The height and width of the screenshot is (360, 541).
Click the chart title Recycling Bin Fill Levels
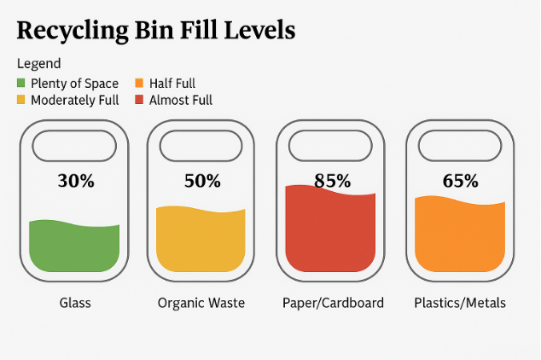point(156,32)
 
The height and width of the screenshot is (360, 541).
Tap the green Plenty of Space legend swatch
point(21,84)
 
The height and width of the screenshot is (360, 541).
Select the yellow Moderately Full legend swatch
point(21,100)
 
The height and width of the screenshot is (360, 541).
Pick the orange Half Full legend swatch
point(139,84)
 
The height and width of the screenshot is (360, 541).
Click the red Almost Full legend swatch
point(139,100)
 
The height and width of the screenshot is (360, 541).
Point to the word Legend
point(38,64)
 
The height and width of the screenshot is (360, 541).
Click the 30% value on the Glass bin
point(75,181)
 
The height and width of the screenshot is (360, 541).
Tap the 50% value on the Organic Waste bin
point(202,181)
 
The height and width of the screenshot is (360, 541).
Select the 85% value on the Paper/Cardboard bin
point(331,181)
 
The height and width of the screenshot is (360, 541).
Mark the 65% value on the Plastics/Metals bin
point(460,181)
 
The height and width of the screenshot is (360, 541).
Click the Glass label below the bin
point(75,303)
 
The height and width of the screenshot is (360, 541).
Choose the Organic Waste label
point(201,303)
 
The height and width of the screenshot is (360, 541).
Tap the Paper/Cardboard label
point(333,303)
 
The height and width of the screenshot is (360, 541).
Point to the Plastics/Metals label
point(460,303)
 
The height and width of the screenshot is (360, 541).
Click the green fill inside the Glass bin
point(74,247)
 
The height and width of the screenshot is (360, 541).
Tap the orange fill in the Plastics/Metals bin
point(460,236)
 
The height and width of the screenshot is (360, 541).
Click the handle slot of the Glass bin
point(74,146)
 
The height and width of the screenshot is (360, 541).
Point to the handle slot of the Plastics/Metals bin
point(460,146)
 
